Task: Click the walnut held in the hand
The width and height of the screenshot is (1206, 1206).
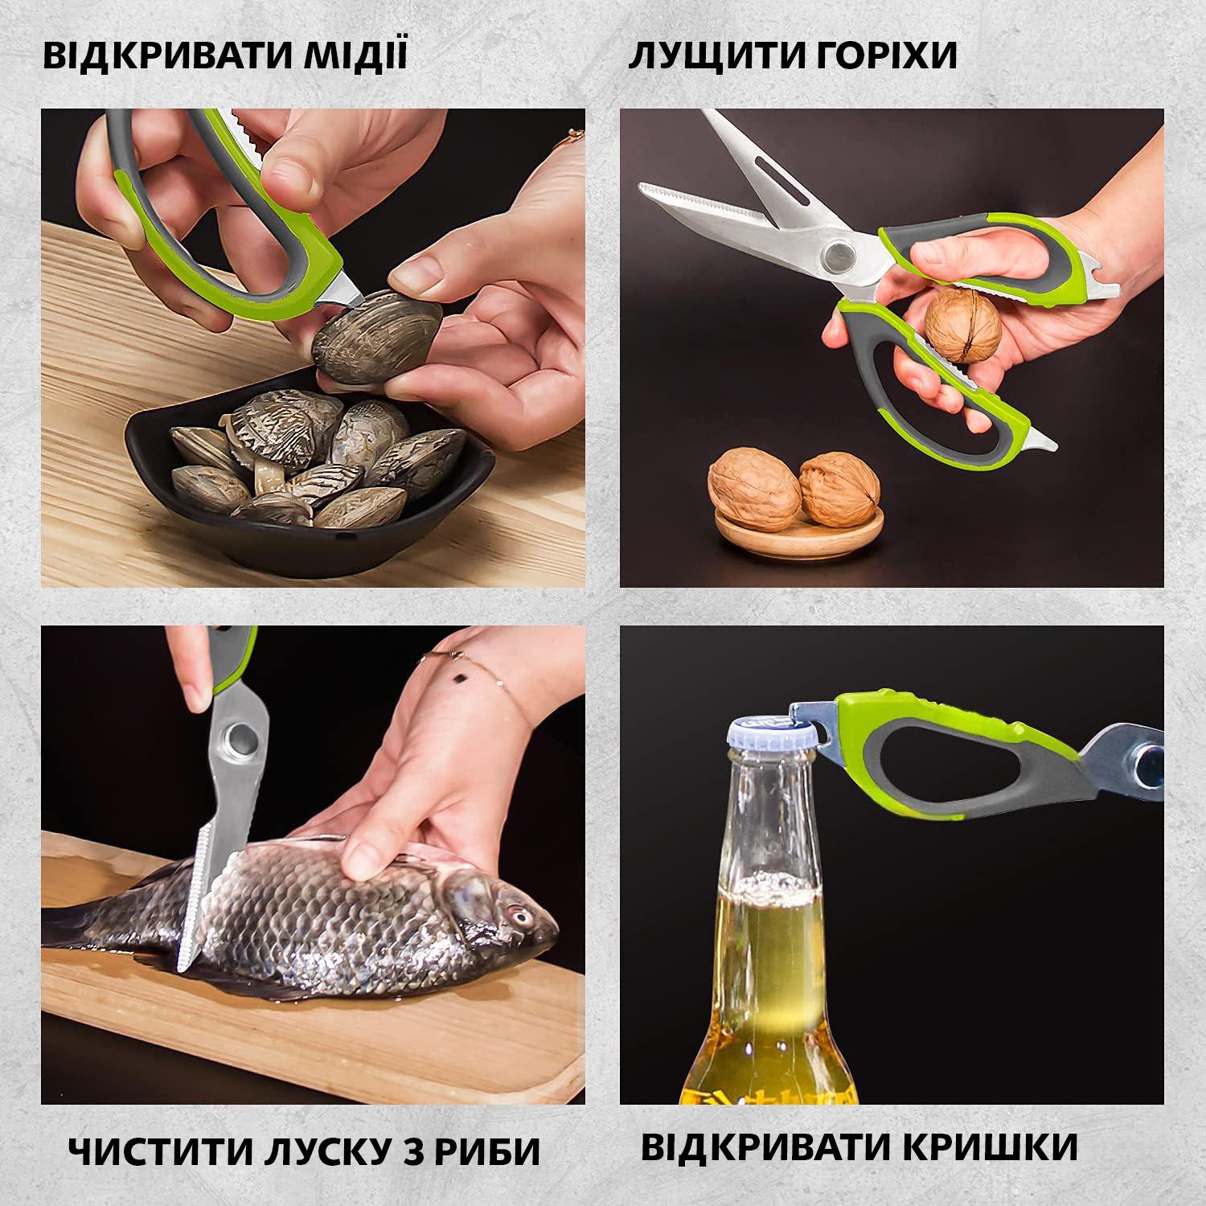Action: pyautogui.click(x=962, y=325)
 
